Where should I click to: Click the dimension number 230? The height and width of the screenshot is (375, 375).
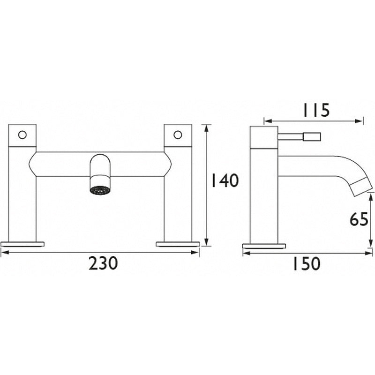tap(103, 264)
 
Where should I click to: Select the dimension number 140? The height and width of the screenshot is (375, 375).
tap(224, 181)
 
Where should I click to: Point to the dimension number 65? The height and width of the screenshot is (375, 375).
tap(359, 219)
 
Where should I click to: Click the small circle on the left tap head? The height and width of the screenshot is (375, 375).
tap(22, 135)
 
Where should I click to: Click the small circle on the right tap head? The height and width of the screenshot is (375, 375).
tap(178, 135)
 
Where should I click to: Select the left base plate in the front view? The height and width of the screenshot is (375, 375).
tap(22, 244)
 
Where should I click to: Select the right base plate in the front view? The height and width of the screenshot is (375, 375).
tap(178, 244)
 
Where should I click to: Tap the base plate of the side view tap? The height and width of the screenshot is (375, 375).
tap(264, 246)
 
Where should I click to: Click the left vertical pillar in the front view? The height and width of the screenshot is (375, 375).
tap(22, 197)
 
